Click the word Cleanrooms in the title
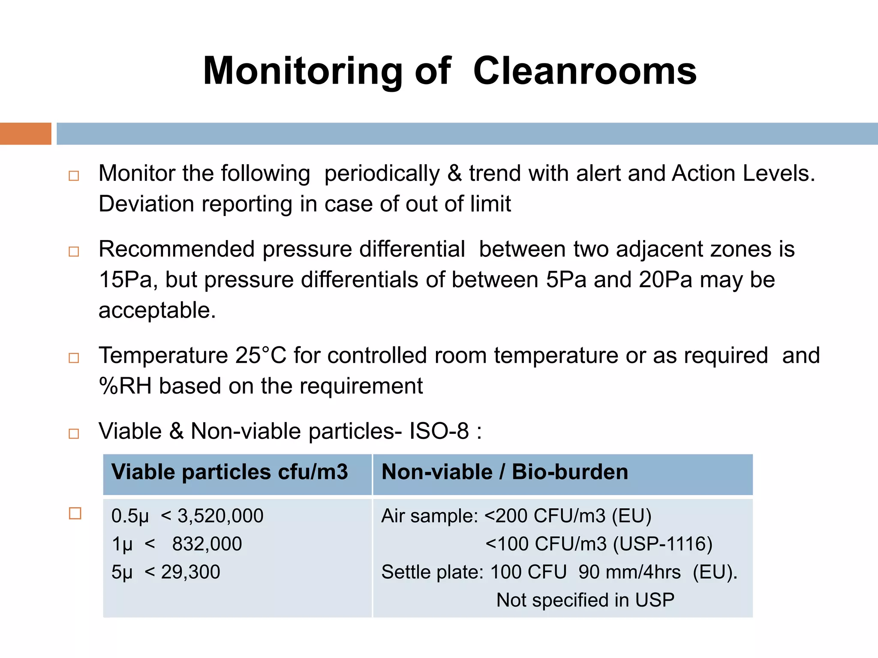click(585, 71)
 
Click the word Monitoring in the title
click(302, 71)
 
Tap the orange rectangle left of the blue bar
click(25, 134)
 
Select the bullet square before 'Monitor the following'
click(74, 176)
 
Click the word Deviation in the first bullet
click(146, 204)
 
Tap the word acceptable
click(156, 310)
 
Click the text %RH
click(125, 386)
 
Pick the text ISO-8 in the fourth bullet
click(439, 431)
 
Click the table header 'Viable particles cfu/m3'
click(229, 472)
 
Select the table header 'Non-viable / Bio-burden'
click(505, 472)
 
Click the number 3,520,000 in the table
click(220, 516)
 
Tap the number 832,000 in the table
click(207, 544)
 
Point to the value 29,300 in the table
click(190, 572)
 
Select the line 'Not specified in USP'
click(585, 600)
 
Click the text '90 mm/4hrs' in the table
click(629, 572)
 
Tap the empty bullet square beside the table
click(75, 513)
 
